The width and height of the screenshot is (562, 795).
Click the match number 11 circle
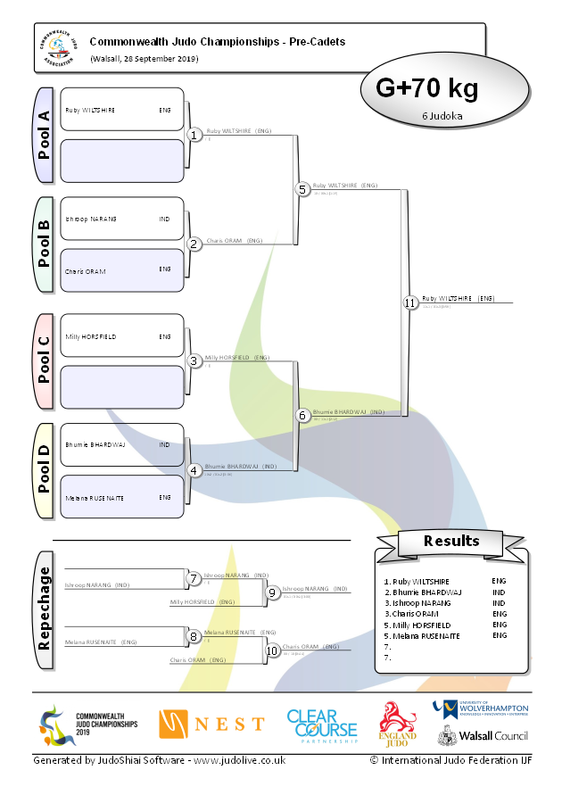pos(409,302)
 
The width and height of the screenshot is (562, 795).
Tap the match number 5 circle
pos(302,189)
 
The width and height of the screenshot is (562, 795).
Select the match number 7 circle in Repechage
pos(194,578)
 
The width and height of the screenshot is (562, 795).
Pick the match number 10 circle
pos(272,650)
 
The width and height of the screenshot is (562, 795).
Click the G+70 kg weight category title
pos(426,88)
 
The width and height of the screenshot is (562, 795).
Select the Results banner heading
pos(450,541)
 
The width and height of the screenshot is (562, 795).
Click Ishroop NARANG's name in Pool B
pos(91,219)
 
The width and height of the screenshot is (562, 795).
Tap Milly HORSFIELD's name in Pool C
pos(91,336)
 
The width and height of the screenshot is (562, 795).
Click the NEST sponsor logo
pos(211,724)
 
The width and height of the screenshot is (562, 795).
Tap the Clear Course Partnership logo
pos(321,725)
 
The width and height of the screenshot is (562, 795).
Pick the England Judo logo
pos(399,724)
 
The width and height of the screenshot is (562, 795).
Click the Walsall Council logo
pos(482,737)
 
